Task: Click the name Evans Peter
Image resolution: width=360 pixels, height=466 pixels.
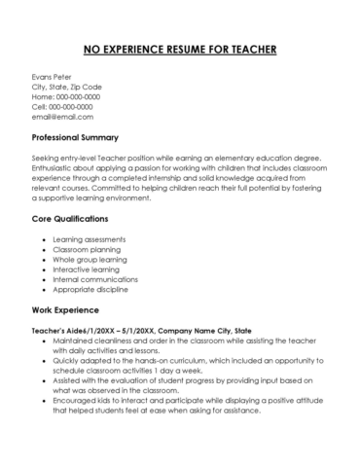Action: click(53, 76)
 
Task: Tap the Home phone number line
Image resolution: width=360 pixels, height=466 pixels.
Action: click(66, 96)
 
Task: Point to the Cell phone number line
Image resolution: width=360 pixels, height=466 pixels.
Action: click(64, 107)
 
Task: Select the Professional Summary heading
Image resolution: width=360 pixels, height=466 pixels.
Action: click(90, 137)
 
